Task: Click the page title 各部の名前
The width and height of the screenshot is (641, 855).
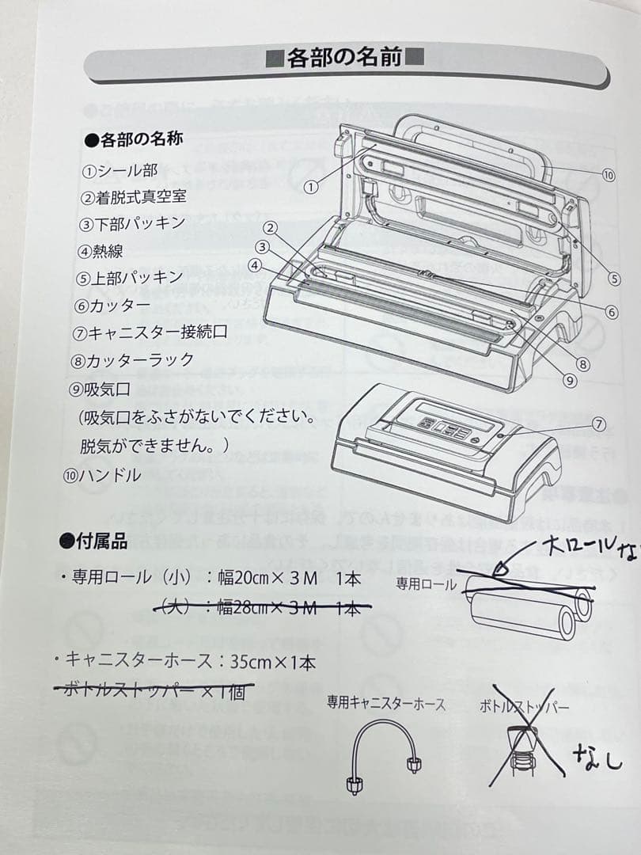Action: (x=346, y=58)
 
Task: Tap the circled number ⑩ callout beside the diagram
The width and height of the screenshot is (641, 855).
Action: (x=608, y=176)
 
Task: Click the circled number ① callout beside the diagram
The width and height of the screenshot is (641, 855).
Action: (x=310, y=188)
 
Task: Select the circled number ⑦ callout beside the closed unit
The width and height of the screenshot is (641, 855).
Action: (x=599, y=424)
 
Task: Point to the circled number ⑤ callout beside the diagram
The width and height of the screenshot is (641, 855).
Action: (x=615, y=279)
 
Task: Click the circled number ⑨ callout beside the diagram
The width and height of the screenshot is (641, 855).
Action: (x=568, y=380)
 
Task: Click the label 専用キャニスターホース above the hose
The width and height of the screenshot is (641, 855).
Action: (x=385, y=703)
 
